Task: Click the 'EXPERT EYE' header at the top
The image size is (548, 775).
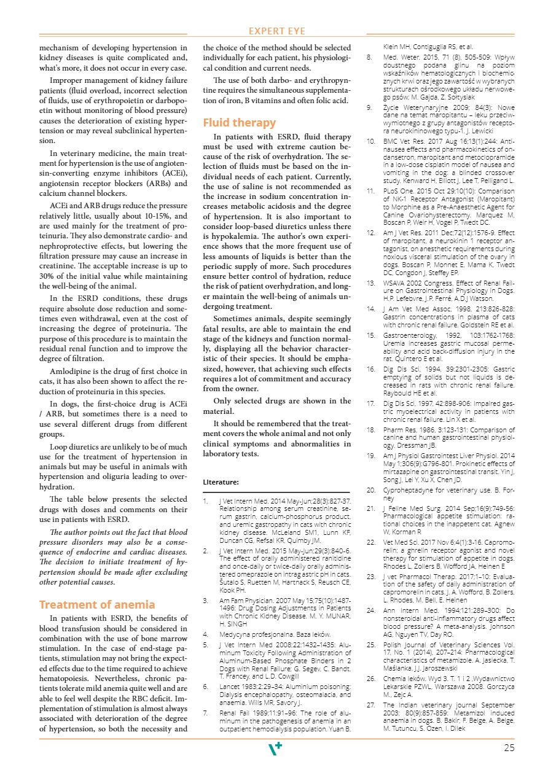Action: pyautogui.click(x=276, y=31)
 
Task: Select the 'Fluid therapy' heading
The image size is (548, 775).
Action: pyautogui.click(x=240, y=122)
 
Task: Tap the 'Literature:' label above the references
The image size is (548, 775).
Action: pyautogui.click(x=221, y=483)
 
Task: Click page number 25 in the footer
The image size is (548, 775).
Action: pyautogui.click(x=509, y=748)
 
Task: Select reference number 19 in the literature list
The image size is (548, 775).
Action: pyautogui.click(x=371, y=456)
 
